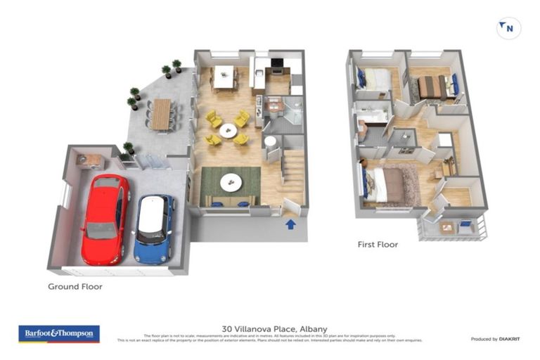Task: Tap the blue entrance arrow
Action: tap(291, 224)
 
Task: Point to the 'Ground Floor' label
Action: tap(75, 286)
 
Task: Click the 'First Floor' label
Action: tap(377, 245)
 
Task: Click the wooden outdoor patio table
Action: tap(162, 114)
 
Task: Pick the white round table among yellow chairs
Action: tap(228, 130)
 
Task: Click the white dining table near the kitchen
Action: tap(224, 77)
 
